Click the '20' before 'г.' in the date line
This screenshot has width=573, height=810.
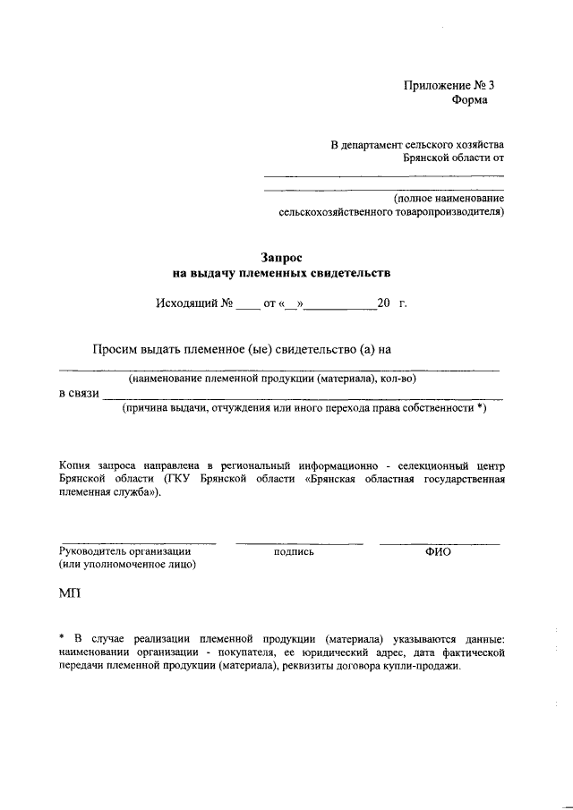point(384,303)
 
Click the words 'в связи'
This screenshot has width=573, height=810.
point(78,393)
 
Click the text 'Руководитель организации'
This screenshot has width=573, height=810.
point(124,551)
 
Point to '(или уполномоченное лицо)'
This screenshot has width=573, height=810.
point(127,566)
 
